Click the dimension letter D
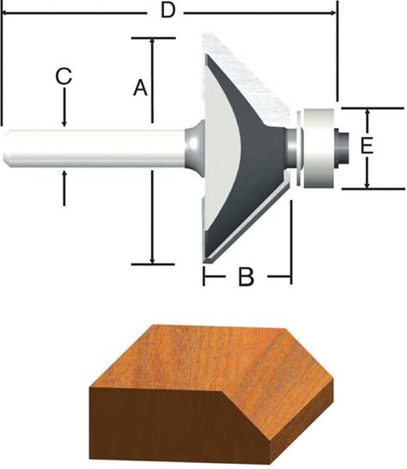(x=167, y=11)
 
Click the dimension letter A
(x=140, y=88)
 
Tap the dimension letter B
(x=246, y=277)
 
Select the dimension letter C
(x=64, y=76)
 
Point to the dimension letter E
(x=367, y=146)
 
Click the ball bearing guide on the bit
(x=319, y=149)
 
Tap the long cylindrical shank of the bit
(x=95, y=149)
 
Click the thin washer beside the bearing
(x=298, y=149)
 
